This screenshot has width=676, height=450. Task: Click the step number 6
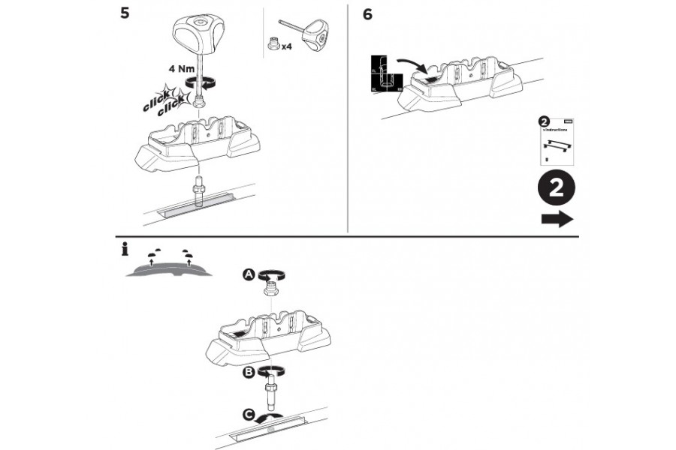pyautogui.click(x=367, y=14)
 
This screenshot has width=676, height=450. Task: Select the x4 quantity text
pyautogui.click(x=286, y=46)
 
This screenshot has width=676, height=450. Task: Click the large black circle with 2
pyautogui.click(x=556, y=188)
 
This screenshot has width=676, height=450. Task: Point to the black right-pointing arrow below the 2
pyautogui.click(x=556, y=219)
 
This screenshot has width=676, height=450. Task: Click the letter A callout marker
pyautogui.click(x=248, y=275)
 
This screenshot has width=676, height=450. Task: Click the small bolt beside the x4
pyautogui.click(x=272, y=44)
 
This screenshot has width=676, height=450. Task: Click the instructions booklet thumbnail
pyautogui.click(x=557, y=141)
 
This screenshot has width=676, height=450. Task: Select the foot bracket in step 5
pyautogui.click(x=197, y=142)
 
